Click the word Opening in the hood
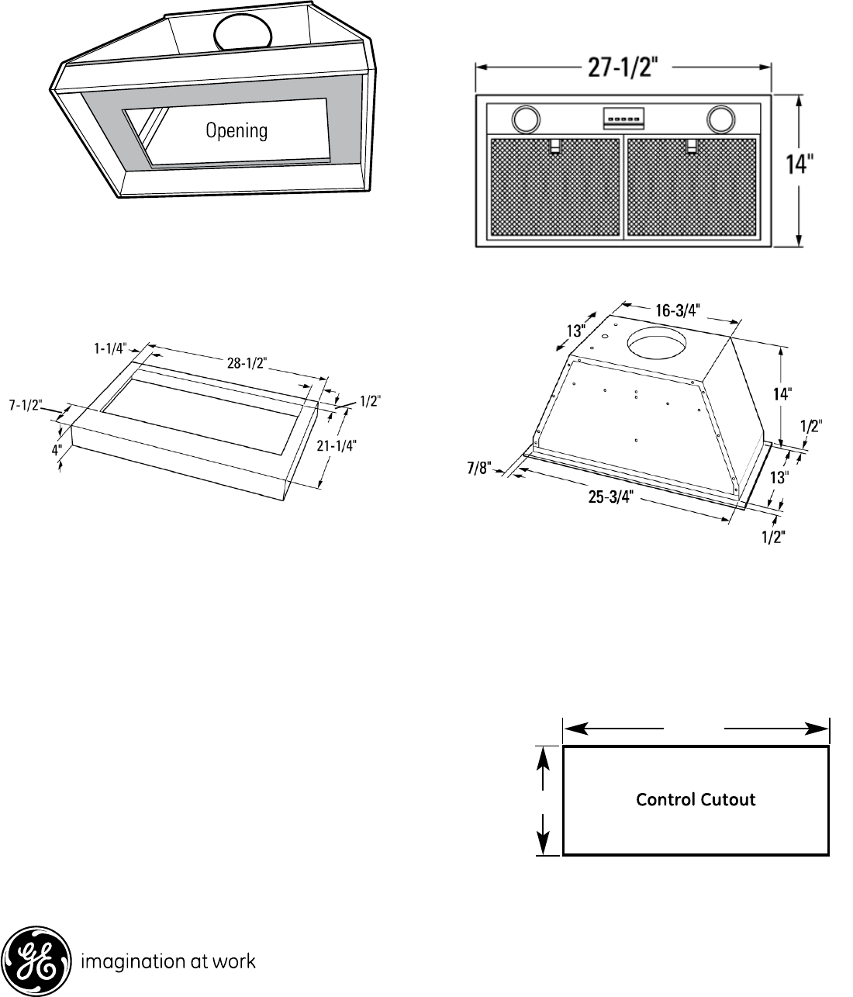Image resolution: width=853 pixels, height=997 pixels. [x=237, y=130]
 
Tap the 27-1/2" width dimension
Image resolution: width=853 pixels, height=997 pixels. [x=623, y=68]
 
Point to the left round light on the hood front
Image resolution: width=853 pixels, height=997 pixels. [x=526, y=119]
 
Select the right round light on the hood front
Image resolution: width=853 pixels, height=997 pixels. [x=721, y=119]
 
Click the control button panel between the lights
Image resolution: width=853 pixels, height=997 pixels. [x=623, y=118]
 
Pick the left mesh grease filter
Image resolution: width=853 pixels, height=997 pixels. [x=555, y=187]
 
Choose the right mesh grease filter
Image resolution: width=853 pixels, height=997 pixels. [x=692, y=187]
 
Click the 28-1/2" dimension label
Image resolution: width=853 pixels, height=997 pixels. [x=247, y=362]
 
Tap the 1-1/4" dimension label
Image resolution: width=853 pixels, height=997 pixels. [x=110, y=348]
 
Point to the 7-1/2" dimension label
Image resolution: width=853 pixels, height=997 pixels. [x=26, y=405]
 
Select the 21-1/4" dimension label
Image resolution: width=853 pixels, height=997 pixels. [x=337, y=445]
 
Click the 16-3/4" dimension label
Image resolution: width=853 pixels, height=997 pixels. [x=678, y=310]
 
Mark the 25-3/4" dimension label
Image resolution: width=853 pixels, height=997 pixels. [x=610, y=497]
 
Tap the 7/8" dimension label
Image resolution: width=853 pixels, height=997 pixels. [x=479, y=468]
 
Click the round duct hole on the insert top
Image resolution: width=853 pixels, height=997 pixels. [x=656, y=341]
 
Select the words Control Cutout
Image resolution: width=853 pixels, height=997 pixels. [x=696, y=800]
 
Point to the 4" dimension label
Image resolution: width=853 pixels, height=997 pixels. [x=57, y=451]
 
